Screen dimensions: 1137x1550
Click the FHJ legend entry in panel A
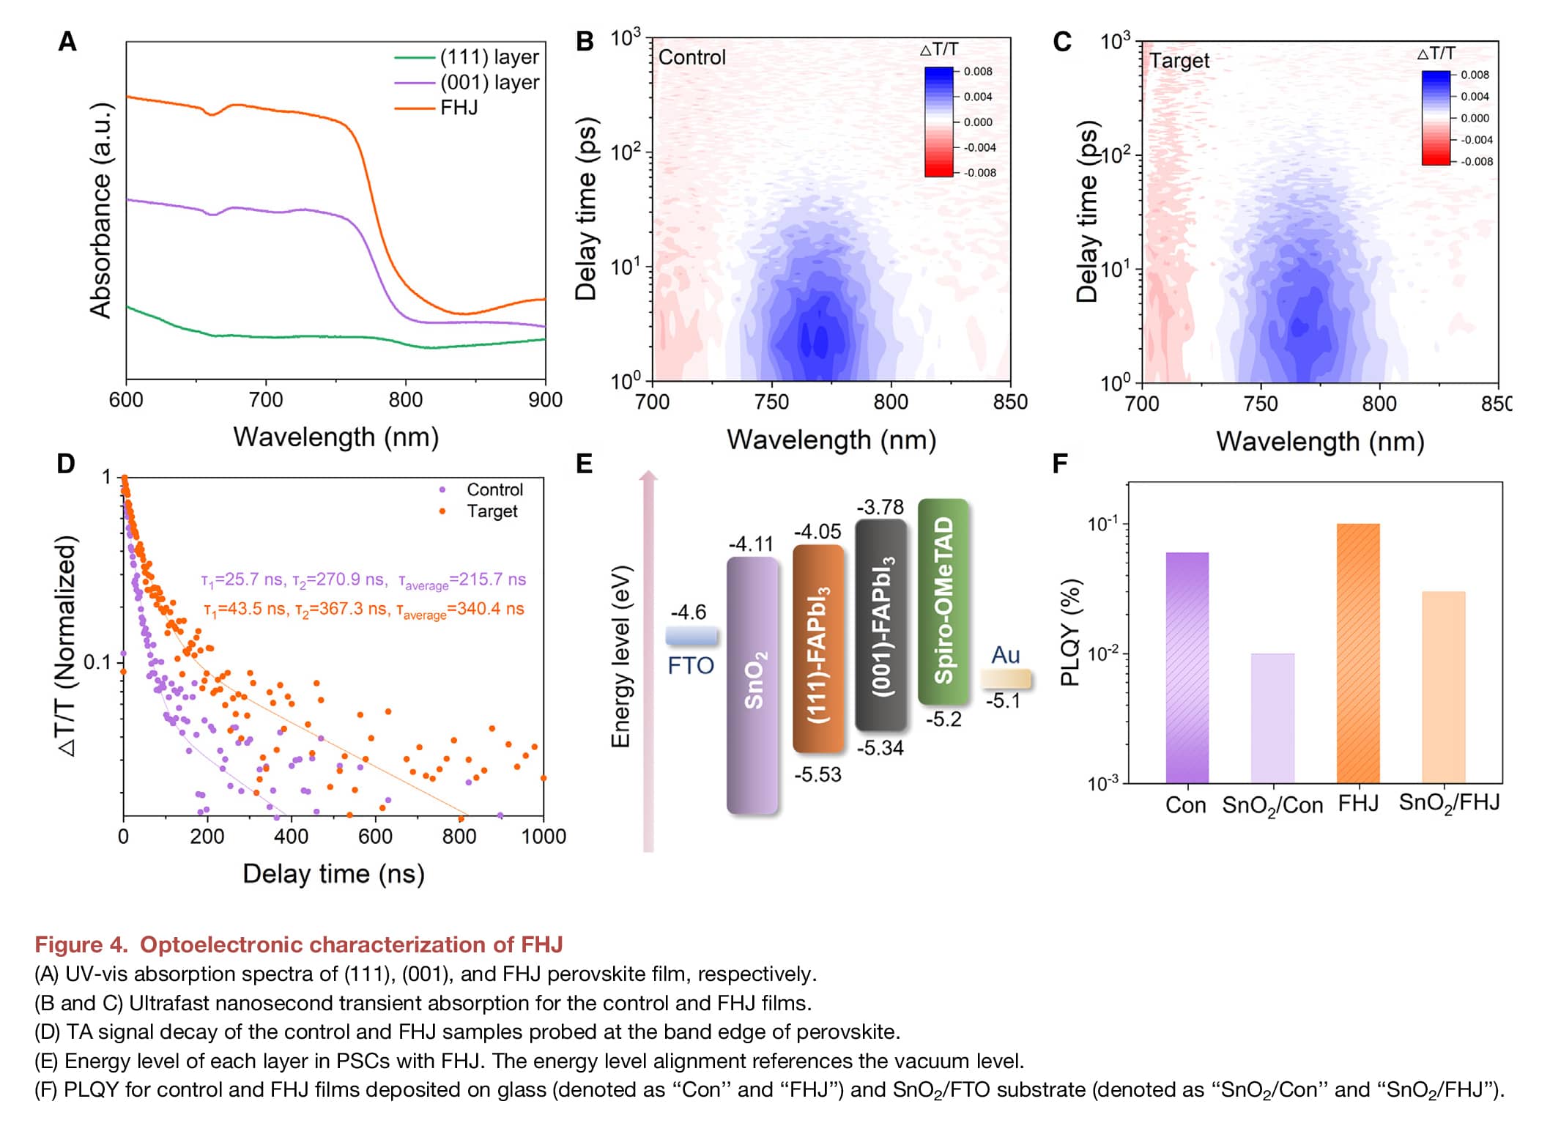(459, 108)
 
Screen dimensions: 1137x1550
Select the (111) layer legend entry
(489, 57)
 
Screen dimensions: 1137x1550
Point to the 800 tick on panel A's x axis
(405, 400)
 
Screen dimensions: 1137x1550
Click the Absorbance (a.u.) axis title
(100, 211)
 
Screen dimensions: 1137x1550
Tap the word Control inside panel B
(691, 57)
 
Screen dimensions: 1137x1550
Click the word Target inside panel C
(1179, 60)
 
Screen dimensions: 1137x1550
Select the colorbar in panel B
(939, 122)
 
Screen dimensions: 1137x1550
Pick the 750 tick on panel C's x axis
(1261, 404)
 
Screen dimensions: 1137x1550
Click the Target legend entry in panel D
(492, 511)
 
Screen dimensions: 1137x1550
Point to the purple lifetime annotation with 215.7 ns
(363, 580)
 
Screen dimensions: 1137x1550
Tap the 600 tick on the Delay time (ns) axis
(375, 837)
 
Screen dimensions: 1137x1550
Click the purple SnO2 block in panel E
(752, 685)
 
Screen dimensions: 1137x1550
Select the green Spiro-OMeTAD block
(943, 601)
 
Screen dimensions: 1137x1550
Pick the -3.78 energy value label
(880, 507)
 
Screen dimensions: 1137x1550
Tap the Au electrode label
(1005, 655)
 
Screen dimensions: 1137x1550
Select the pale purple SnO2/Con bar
(1272, 718)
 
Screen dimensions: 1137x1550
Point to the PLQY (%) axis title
(1070, 632)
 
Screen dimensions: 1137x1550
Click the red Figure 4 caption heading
(299, 944)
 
